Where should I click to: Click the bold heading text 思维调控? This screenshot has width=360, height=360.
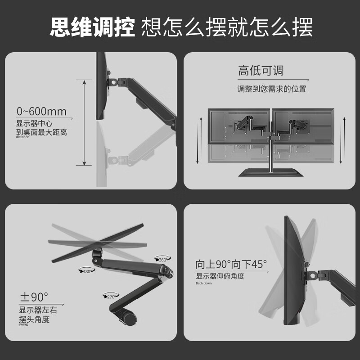92,28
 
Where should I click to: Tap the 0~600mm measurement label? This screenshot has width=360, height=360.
41,111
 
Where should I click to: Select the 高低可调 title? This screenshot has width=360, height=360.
261,71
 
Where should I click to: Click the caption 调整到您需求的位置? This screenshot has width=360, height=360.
272,89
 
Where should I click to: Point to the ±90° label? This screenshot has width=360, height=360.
34,297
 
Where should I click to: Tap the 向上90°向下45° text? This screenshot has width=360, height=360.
231,264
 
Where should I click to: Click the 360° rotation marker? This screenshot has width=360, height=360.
162,260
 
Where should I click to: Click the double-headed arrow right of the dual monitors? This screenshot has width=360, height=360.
344,139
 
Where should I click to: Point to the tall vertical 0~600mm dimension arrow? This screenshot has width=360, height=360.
84,122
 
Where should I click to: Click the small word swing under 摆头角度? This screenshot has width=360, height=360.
23,324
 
